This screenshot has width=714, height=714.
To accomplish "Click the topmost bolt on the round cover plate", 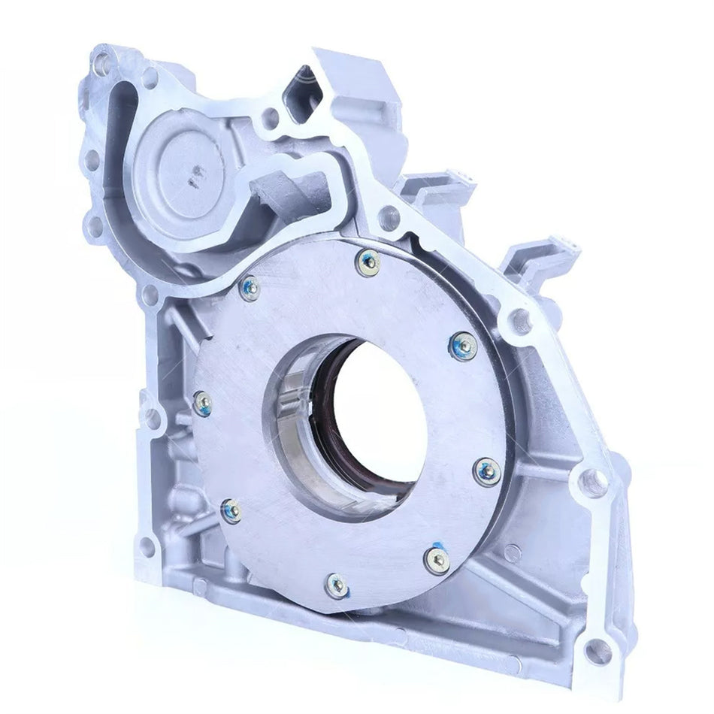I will point(368,262).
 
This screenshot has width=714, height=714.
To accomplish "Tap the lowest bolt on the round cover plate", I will point(337,585).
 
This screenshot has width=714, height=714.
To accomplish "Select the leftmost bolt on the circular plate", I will point(201,404).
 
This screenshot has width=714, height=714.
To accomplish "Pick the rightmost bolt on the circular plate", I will point(488,472).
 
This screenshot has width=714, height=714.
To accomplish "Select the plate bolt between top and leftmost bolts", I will point(250,286).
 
